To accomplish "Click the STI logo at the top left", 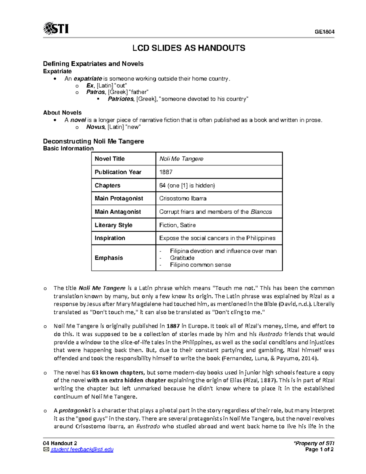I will pyautogui.click(x=56, y=28).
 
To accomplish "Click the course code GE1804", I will pyautogui.click(x=325, y=32).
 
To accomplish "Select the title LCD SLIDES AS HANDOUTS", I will pyautogui.click(x=188, y=48).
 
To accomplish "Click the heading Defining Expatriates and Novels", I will pyautogui.click(x=93, y=64).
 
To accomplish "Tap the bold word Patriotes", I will pyautogui.click(x=120, y=99).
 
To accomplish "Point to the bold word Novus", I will pyautogui.click(x=95, y=127).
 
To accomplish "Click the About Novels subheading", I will pyautogui.click(x=62, y=113).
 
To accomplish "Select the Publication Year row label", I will pyautogui.click(x=118, y=172).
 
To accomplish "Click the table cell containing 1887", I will pyautogui.click(x=166, y=172).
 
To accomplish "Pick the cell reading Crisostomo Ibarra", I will pyautogui.click(x=183, y=198).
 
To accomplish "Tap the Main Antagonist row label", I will pyautogui.click(x=118, y=212).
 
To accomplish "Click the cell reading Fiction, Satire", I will pyautogui.click(x=177, y=225).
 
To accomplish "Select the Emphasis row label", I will pyautogui.click(x=109, y=258).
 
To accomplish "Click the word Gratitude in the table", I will pyautogui.click(x=182, y=258).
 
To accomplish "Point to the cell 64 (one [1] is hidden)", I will pyautogui.click(x=187, y=186).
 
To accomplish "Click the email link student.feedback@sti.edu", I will pyautogui.click(x=82, y=450).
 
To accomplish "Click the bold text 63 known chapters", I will pyautogui.click(x=117, y=373).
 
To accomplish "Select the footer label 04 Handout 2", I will pyautogui.click(x=60, y=443).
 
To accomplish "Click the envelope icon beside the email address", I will pyautogui.click(x=46, y=450).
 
